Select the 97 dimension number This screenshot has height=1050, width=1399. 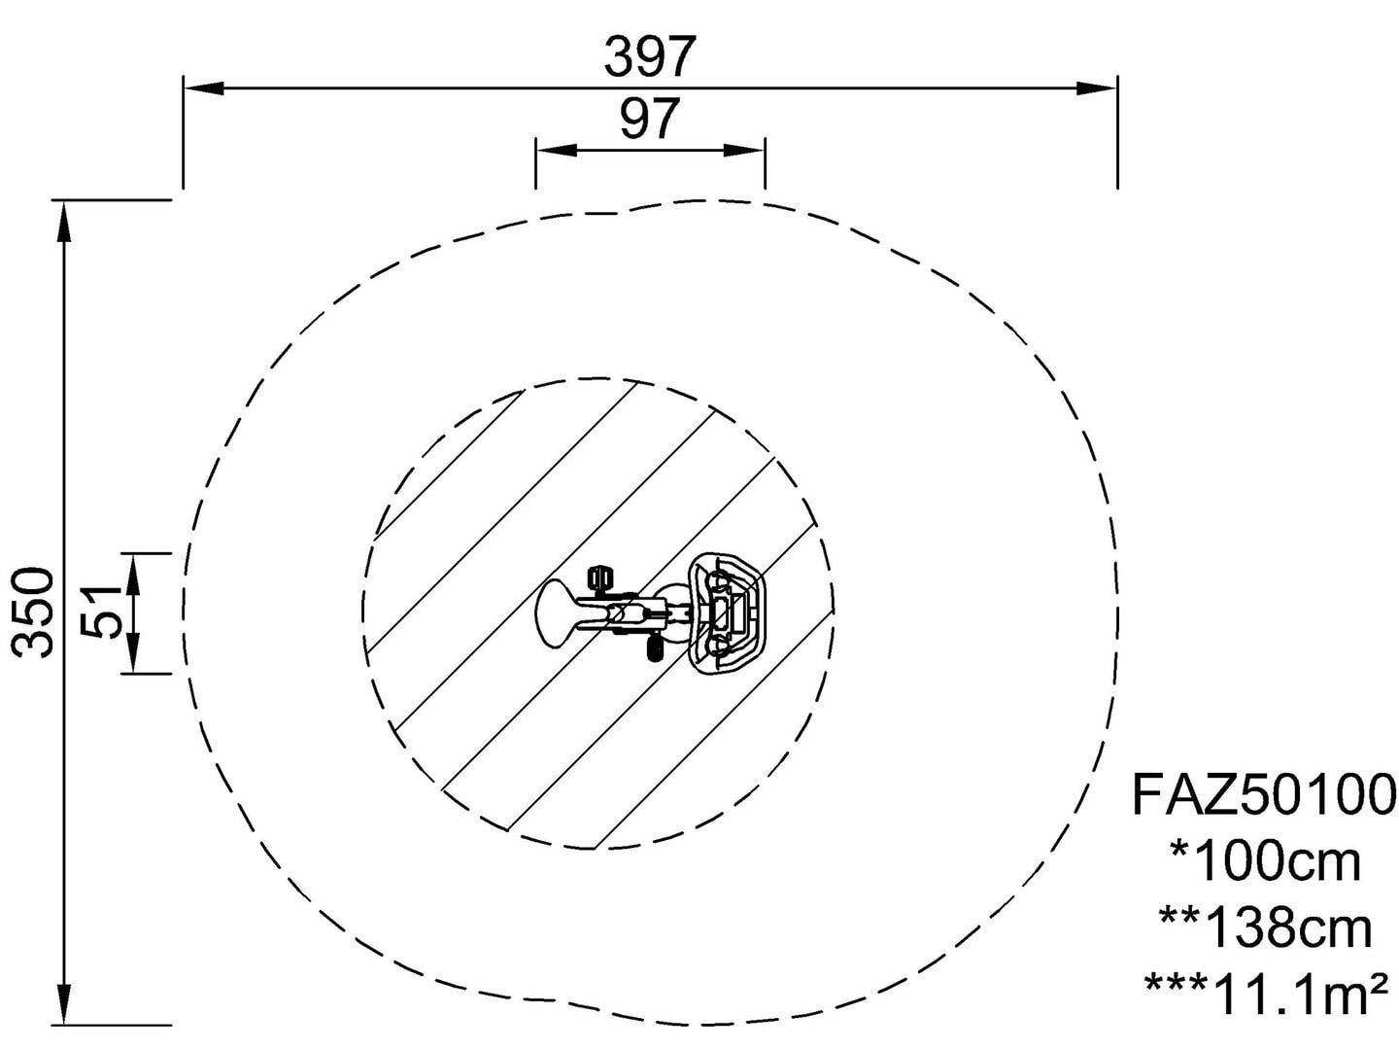[650, 119]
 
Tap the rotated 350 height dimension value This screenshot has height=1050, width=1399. [32, 612]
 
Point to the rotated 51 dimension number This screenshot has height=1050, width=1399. [101, 612]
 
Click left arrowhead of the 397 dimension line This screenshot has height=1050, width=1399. [204, 87]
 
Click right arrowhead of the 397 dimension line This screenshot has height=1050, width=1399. [1096, 87]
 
